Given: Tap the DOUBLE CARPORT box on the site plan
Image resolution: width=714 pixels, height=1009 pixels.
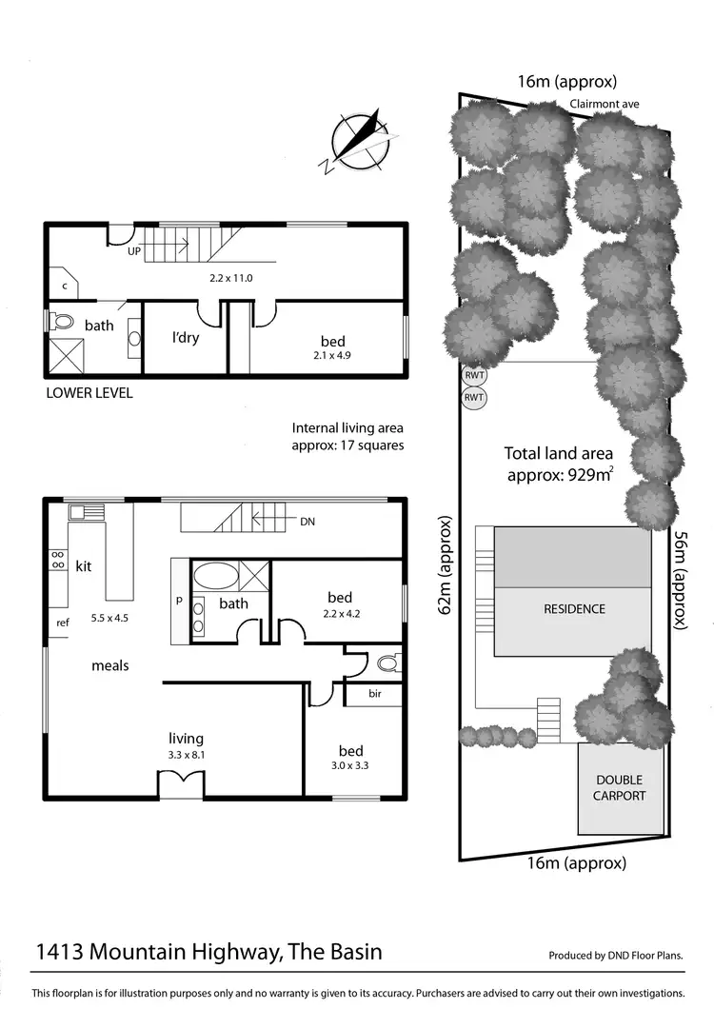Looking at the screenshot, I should [620, 788].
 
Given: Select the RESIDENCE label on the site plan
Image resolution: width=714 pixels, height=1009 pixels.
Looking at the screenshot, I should [574, 609].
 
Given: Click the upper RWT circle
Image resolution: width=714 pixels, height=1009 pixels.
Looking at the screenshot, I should [473, 375].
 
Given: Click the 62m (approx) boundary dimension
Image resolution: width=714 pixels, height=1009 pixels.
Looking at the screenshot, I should [443, 566].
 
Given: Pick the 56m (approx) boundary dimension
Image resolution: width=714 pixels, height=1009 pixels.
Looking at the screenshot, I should [681, 579].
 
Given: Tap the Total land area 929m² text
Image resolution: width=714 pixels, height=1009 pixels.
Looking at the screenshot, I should [558, 464].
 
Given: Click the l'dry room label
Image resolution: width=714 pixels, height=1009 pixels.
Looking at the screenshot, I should [185, 338].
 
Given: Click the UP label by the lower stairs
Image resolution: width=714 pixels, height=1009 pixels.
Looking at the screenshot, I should [134, 252].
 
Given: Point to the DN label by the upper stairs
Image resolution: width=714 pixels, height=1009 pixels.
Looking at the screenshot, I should [307, 523].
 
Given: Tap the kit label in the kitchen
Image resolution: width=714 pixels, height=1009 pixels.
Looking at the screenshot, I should [84, 566].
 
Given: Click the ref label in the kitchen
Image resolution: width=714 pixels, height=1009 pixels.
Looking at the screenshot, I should [62, 623].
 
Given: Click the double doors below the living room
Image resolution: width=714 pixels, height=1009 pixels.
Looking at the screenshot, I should [180, 785].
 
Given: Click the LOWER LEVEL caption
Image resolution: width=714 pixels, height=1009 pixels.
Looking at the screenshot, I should [89, 392].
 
